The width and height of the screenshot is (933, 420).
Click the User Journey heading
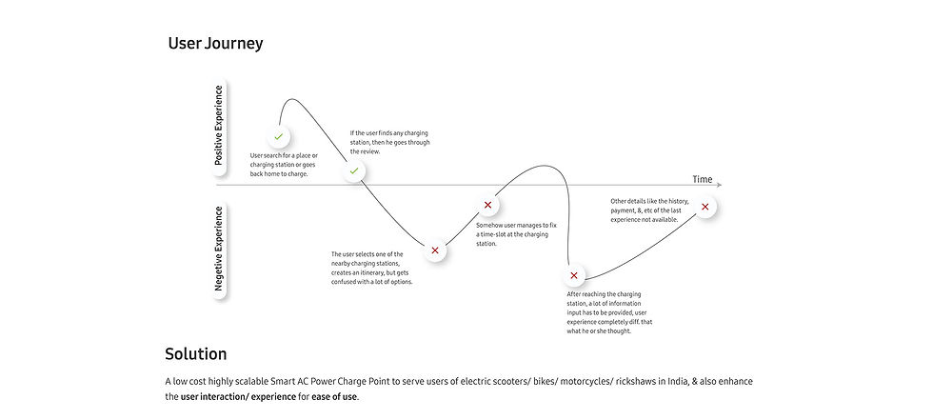[x=215, y=44]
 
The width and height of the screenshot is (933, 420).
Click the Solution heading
[x=195, y=354]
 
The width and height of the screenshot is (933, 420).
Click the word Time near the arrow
[x=702, y=179]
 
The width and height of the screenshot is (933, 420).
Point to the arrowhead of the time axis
[x=719, y=185]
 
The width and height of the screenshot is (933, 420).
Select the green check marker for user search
[x=278, y=137]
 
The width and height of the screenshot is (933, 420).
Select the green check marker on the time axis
[x=354, y=170]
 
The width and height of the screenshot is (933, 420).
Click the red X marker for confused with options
[x=435, y=250]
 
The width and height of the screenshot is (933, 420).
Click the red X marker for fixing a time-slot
[x=487, y=205]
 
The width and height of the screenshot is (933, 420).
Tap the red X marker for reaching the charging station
[x=573, y=276]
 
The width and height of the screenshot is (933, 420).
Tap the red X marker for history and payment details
[x=705, y=207]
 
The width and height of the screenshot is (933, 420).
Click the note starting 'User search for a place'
[x=285, y=165]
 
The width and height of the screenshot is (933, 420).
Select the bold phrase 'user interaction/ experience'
[x=238, y=396]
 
